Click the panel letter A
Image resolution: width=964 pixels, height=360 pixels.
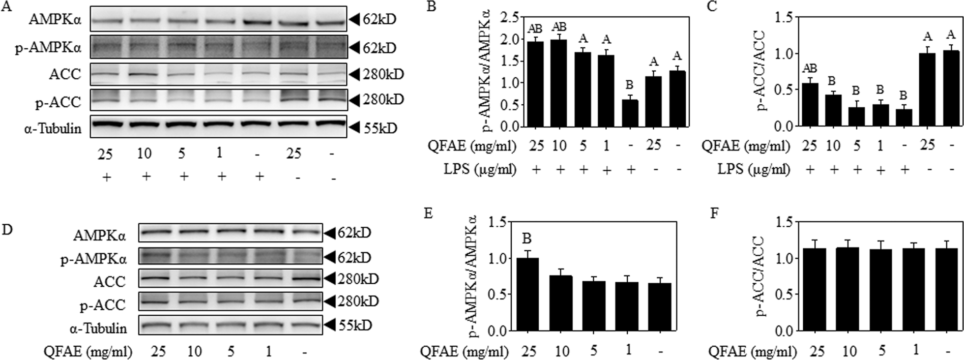point(7,9)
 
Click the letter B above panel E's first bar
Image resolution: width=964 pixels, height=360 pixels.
point(528,238)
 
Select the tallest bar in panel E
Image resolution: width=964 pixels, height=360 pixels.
point(528,294)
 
